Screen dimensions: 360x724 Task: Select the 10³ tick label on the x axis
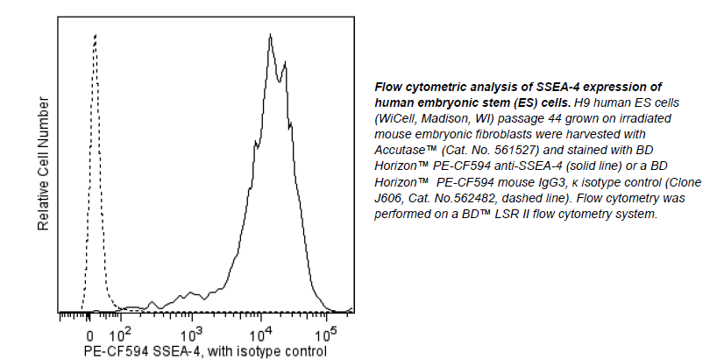tap(192, 332)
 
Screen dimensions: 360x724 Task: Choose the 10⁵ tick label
tap(326, 332)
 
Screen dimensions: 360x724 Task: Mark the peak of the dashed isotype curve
tap(95, 36)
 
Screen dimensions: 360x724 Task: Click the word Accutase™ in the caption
tap(406, 150)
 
